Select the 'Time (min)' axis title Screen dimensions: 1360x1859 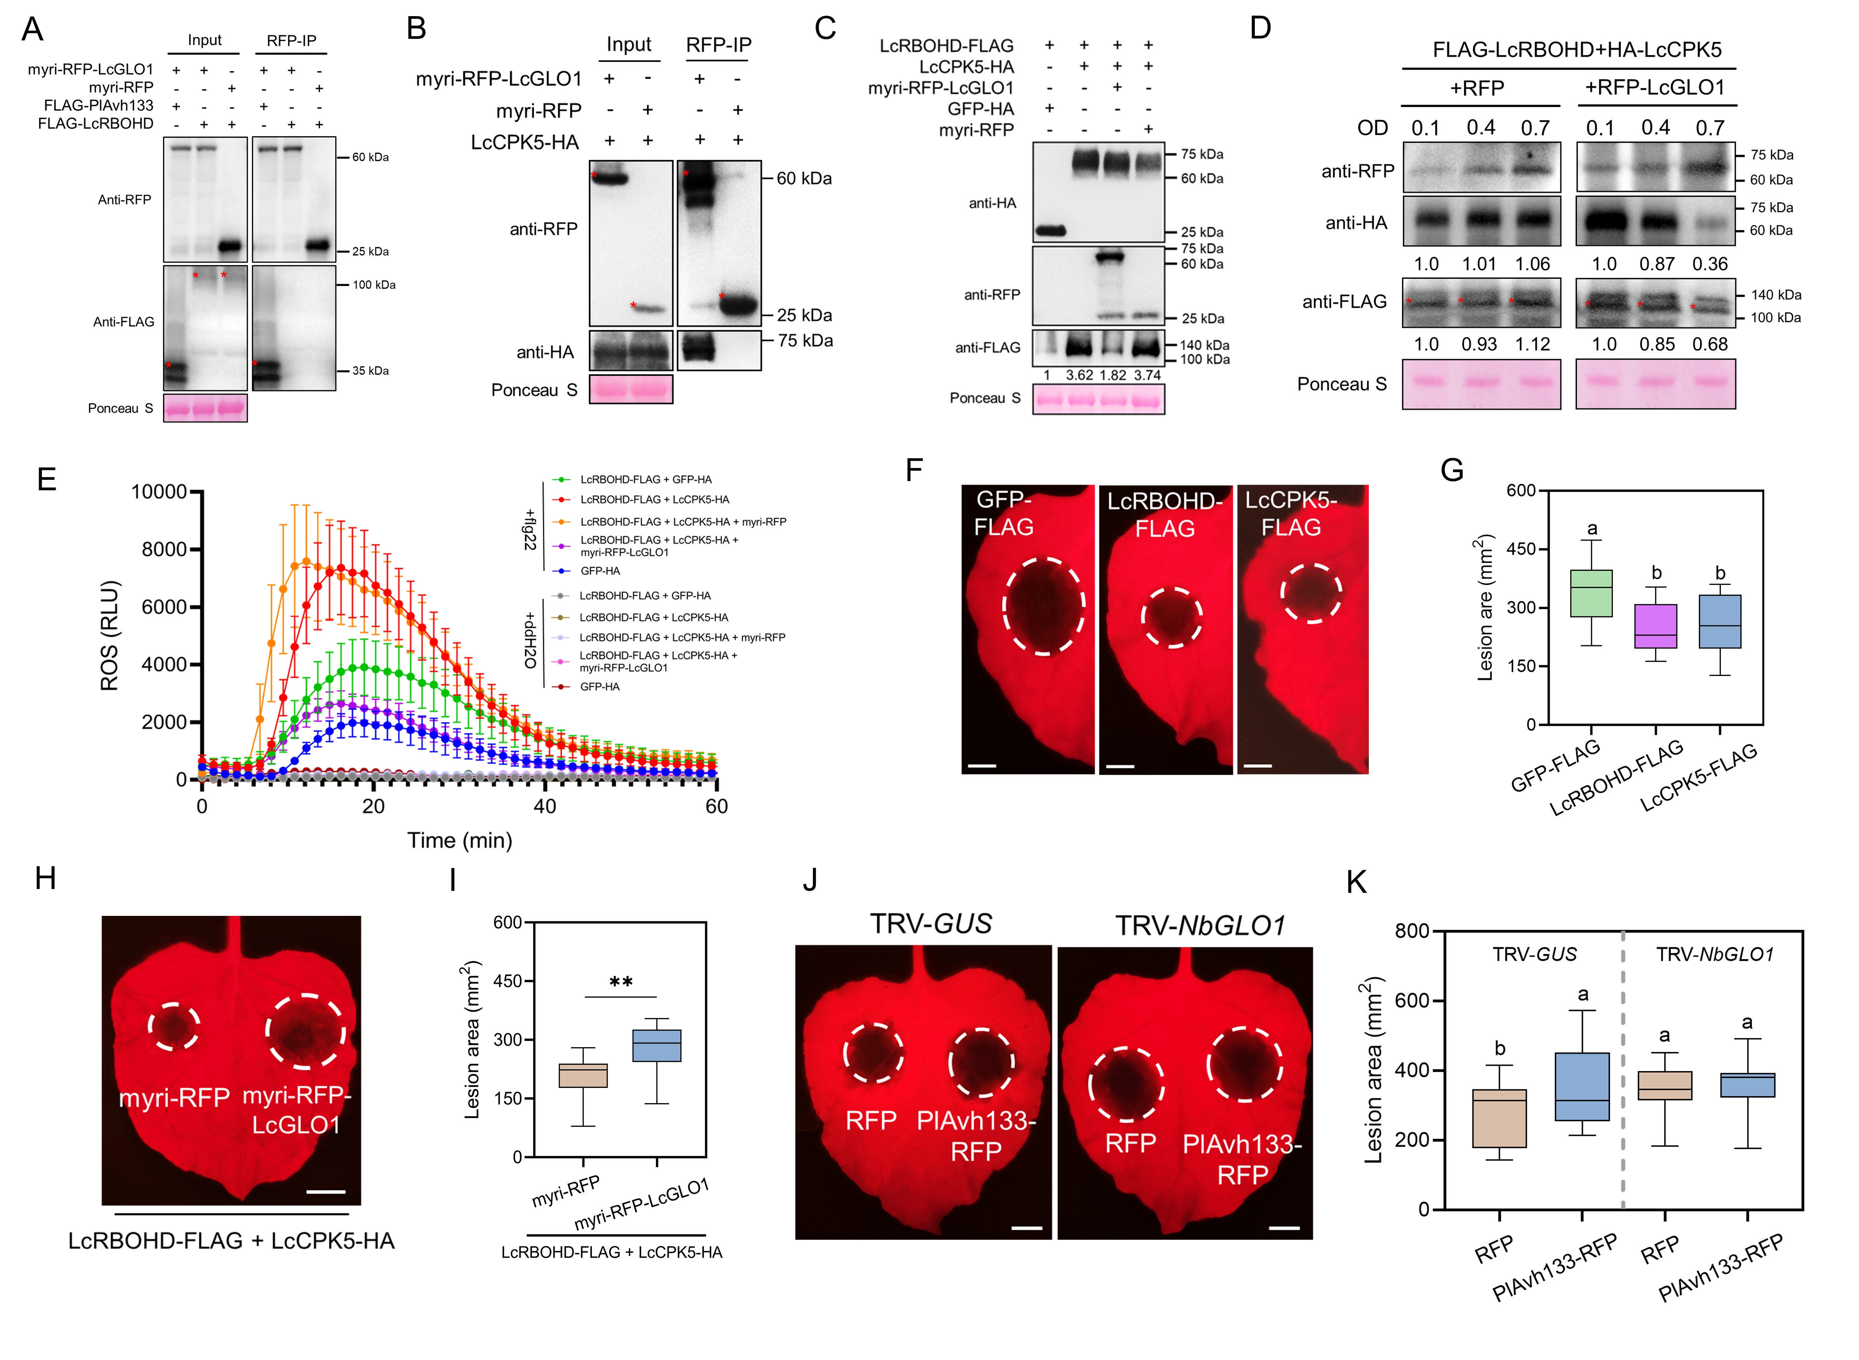coord(459,841)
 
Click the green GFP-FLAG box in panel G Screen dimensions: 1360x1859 coord(1591,593)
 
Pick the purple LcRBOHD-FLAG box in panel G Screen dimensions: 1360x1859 coord(1656,626)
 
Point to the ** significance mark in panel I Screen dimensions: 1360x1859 coord(621,982)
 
